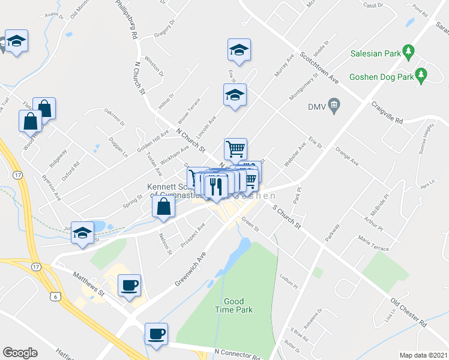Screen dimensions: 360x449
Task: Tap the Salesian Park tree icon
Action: point(409,52)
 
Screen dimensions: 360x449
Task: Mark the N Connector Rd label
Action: point(237,353)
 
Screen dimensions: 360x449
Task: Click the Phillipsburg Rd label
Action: point(124,20)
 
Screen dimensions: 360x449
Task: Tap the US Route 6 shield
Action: point(55,296)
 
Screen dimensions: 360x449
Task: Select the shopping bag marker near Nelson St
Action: point(163,208)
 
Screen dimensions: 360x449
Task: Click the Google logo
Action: point(20,353)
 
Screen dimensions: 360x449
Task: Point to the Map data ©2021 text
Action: point(423,355)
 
